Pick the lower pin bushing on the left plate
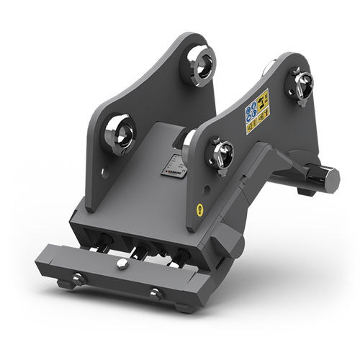(x=118, y=135)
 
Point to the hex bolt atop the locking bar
(x=123, y=264)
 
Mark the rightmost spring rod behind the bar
(x=175, y=258)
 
